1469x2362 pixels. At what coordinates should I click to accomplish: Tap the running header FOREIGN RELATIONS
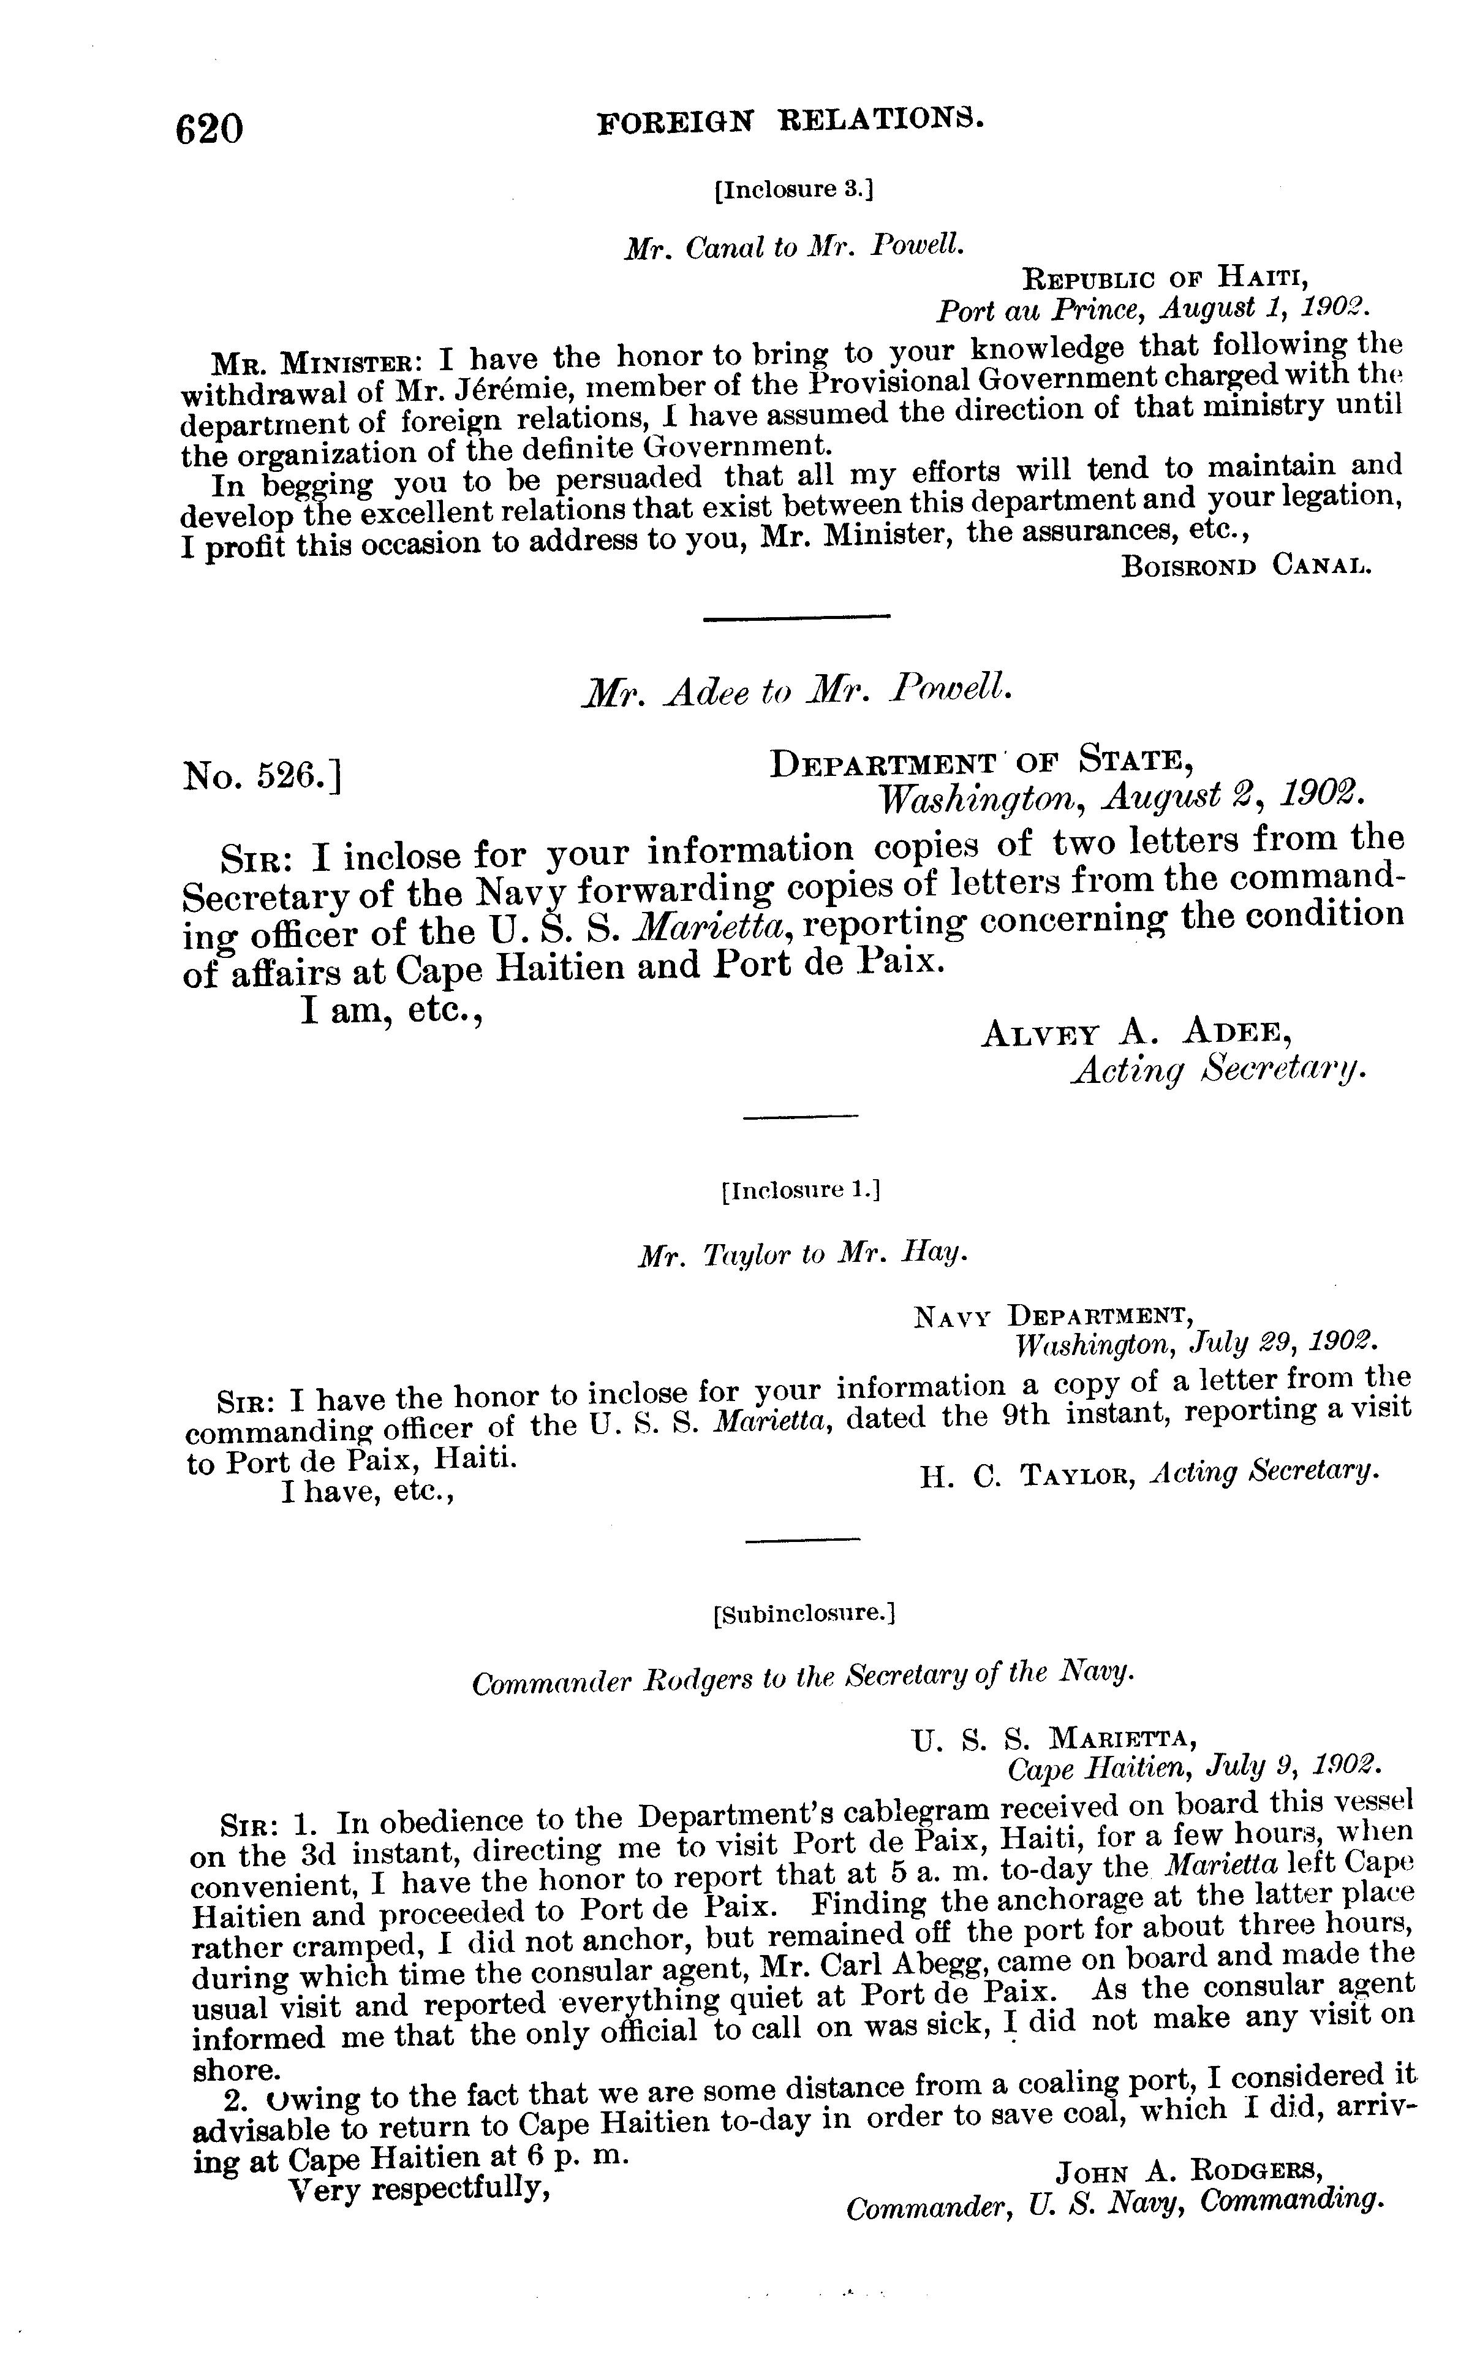(791, 120)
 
